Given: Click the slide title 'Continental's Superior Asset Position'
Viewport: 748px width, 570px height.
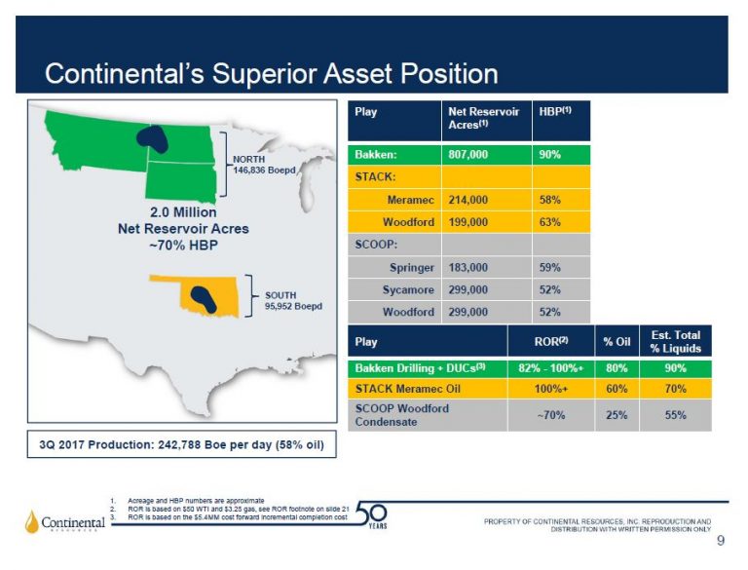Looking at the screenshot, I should [272, 73].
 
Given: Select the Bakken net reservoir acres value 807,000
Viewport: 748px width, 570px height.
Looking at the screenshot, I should [468, 154].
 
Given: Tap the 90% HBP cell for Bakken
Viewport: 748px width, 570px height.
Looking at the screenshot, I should [550, 154].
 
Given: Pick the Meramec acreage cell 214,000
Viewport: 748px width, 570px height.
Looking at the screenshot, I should [468, 199].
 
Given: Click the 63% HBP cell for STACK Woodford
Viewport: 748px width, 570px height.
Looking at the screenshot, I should [550, 221].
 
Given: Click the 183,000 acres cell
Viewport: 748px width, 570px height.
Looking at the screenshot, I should [468, 266].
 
